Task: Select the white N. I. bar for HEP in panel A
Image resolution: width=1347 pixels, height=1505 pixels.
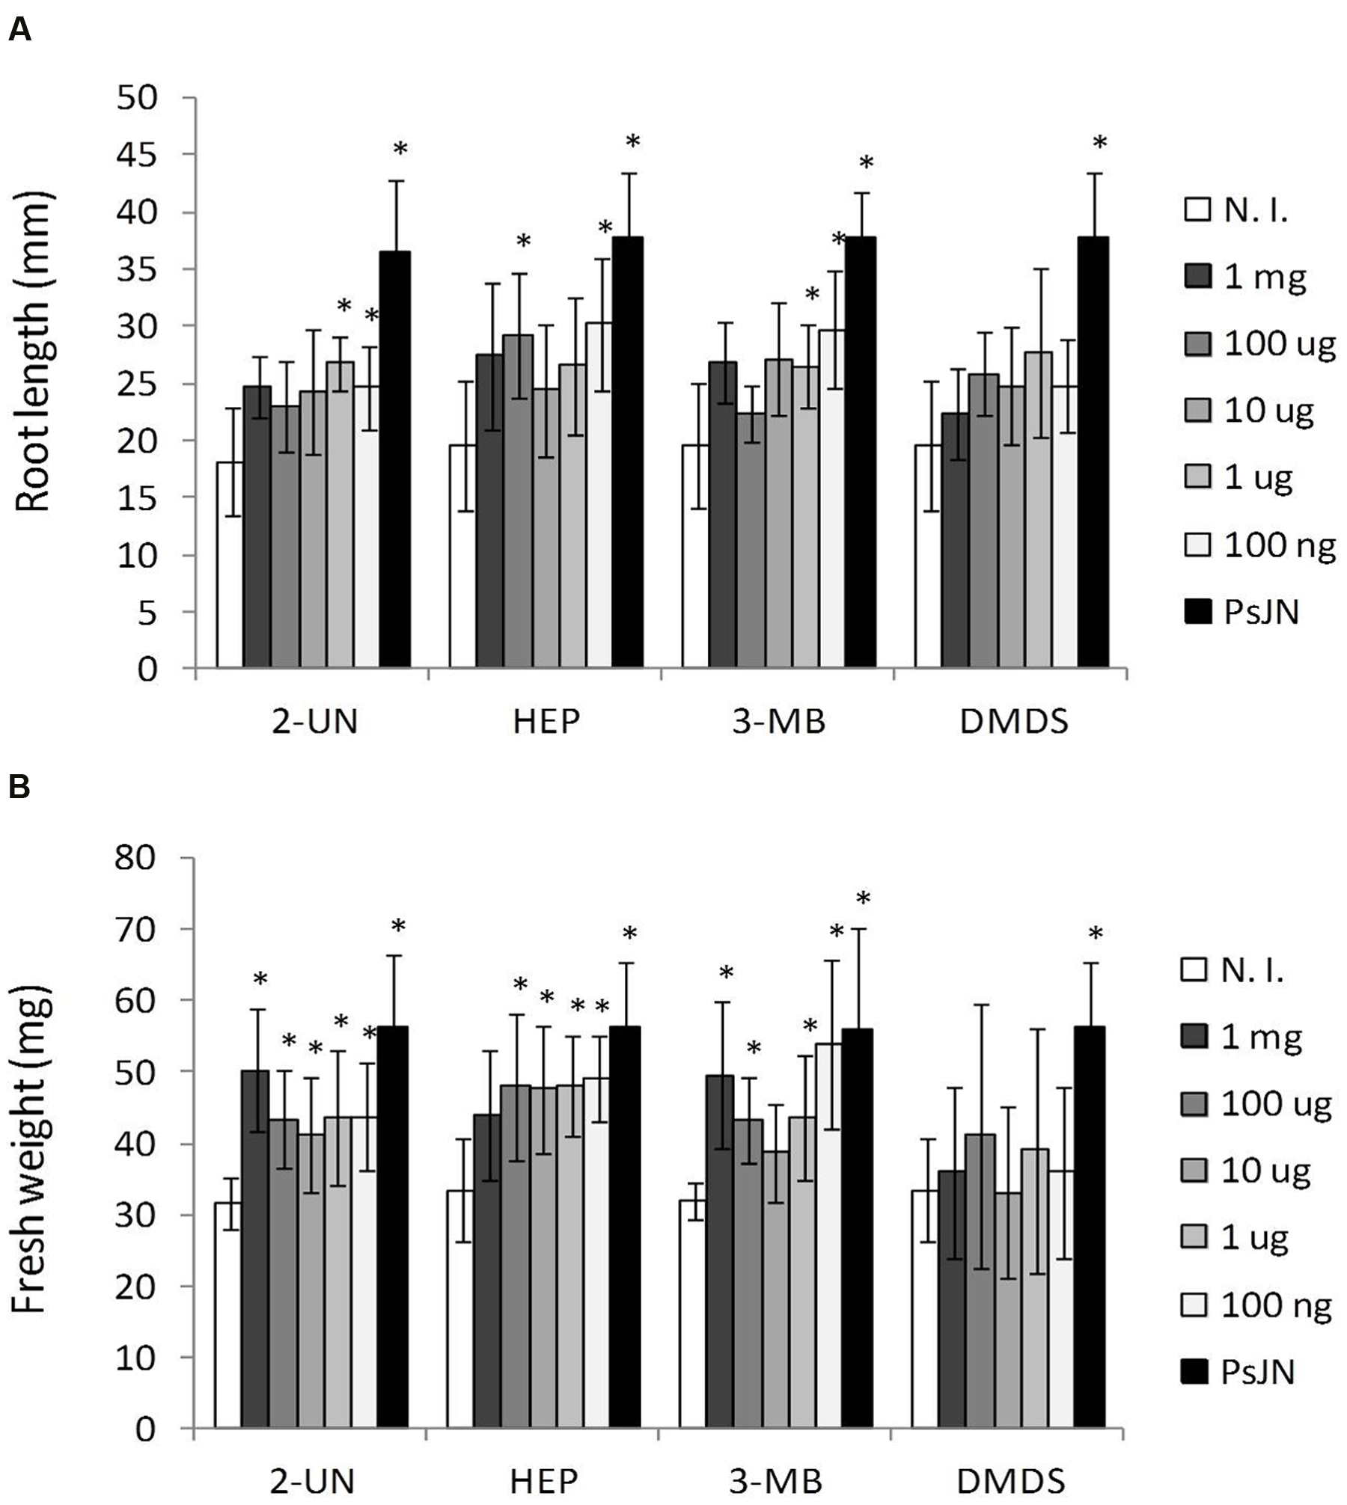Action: [462, 557]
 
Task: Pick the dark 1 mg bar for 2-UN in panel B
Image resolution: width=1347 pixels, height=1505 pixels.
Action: [254, 1253]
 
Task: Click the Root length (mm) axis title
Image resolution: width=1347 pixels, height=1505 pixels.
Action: [33, 352]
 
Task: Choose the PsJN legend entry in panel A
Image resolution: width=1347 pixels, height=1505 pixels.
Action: [1242, 613]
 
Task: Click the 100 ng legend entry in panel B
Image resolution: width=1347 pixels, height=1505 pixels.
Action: [1257, 1306]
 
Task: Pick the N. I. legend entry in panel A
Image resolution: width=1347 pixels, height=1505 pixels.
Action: [1236, 211]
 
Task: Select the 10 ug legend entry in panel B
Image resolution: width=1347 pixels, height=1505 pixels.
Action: [1247, 1171]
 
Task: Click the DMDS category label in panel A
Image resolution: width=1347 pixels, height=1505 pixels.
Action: [1014, 723]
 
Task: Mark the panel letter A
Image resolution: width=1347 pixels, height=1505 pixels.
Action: [19, 31]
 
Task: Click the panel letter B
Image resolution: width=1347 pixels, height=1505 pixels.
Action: [19, 788]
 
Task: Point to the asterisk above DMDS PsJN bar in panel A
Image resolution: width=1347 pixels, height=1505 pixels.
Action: [1099, 142]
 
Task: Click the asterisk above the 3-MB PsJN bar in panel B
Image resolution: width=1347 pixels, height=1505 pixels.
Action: [864, 898]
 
